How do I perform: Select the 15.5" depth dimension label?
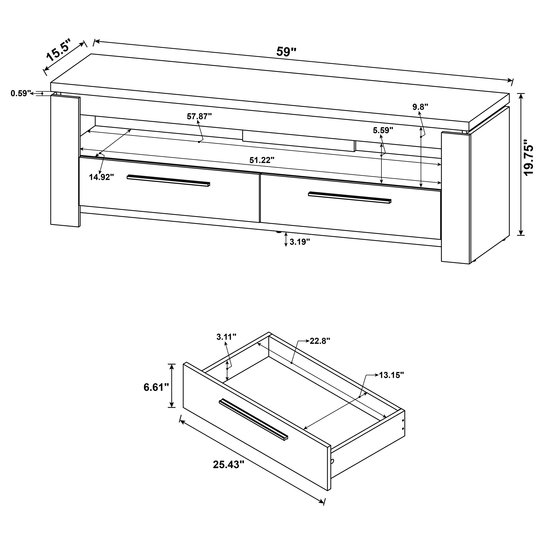point(58,51)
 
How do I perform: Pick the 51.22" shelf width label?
point(262,160)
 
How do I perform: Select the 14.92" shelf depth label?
point(101,177)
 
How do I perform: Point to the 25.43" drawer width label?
point(228,465)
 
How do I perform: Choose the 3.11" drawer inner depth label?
point(226,337)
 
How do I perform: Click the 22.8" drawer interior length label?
point(320,341)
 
